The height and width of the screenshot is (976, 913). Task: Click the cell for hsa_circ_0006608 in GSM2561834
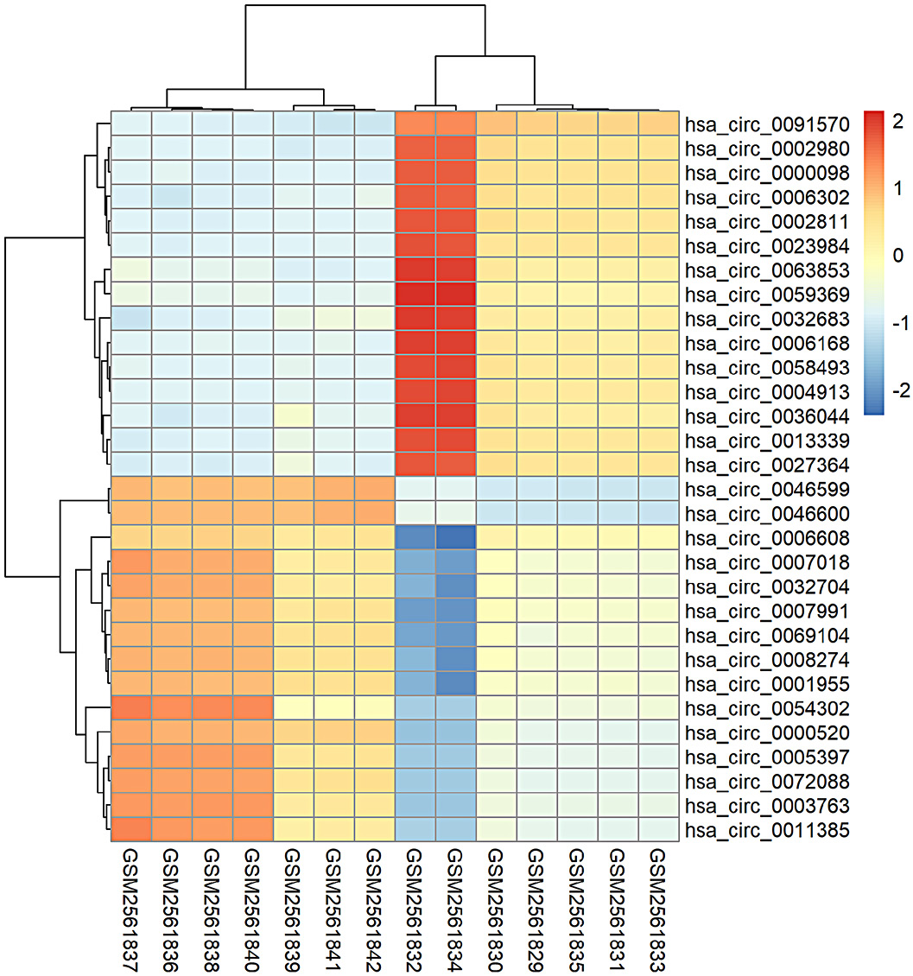[x=456, y=538]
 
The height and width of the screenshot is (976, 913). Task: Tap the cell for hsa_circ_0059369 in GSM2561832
[x=415, y=294]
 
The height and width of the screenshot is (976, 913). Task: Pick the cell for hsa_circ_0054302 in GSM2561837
[x=130, y=709]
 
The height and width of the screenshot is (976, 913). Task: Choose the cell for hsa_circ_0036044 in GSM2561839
[x=293, y=416]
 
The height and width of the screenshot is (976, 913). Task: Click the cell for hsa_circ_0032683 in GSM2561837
[x=130, y=319]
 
